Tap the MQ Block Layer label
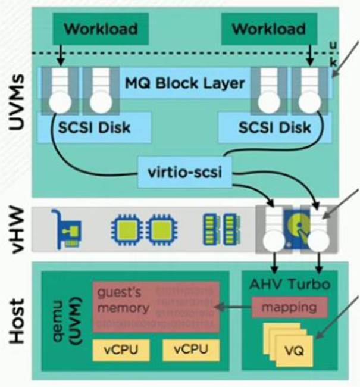tap(184, 83)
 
